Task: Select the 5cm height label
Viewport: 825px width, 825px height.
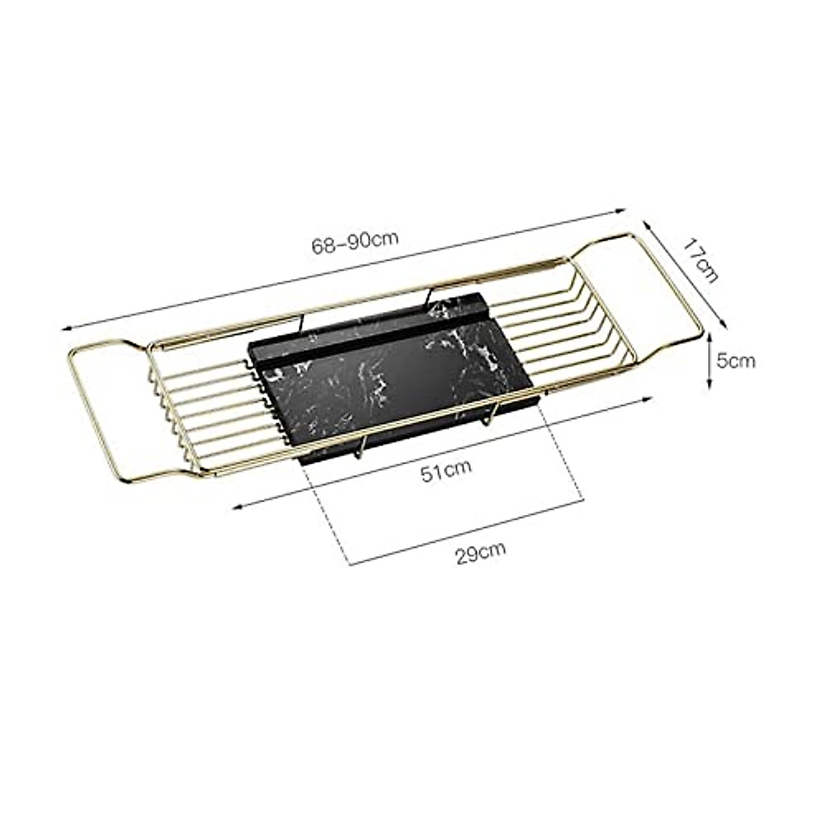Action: (736, 360)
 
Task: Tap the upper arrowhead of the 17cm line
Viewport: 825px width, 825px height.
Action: (646, 224)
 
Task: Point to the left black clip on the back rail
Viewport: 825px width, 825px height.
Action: (300, 321)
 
